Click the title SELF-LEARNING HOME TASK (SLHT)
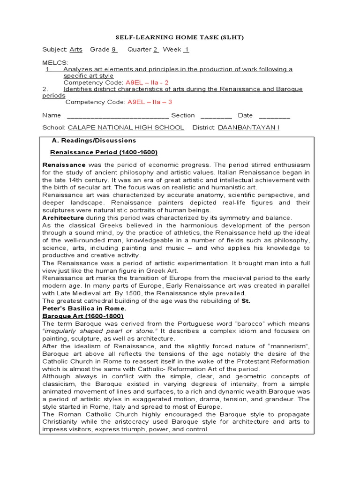tap(180, 37)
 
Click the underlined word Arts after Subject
tap(75, 49)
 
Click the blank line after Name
tap(118, 115)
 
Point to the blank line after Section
tap(216, 115)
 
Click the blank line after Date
tap(274, 115)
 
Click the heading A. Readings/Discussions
tap(94, 140)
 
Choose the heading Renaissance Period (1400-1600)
tap(104, 152)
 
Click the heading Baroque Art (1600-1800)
tap(76, 316)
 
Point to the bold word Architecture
tap(63, 218)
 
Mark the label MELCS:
tap(55, 62)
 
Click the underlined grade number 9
tap(113, 49)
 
